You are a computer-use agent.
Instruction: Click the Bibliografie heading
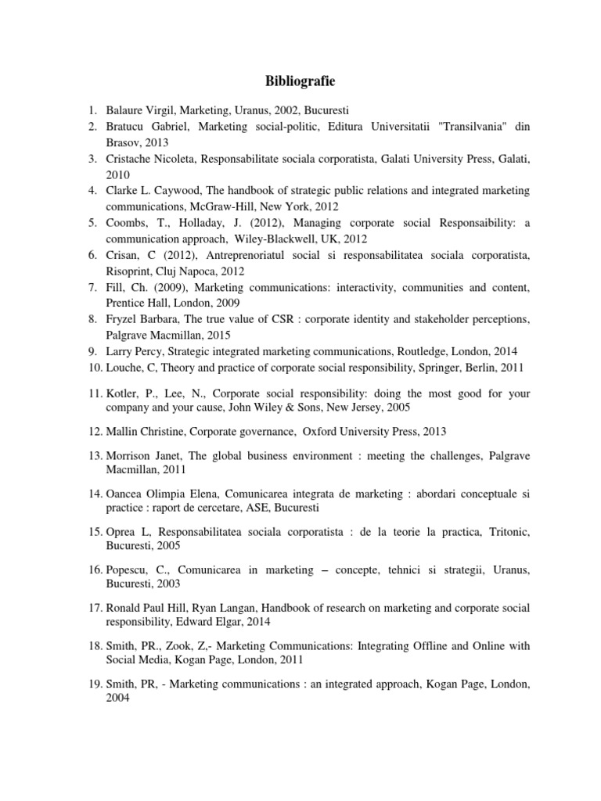[x=300, y=81]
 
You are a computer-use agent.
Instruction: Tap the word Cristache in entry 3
[x=129, y=159]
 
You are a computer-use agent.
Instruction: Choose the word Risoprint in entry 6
[x=130, y=271]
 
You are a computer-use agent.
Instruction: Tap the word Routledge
[x=419, y=352]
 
